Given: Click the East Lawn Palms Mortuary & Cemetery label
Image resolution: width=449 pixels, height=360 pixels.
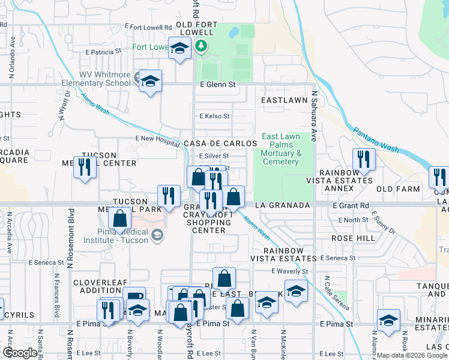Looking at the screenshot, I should [280, 149].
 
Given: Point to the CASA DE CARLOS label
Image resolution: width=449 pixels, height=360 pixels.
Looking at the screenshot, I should [220, 144].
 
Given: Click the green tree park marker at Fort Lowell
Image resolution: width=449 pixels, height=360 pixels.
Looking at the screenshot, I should [202, 46].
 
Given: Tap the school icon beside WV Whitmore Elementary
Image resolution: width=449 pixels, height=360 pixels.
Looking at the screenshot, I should [150, 81].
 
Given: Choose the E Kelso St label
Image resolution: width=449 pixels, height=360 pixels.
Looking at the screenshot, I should [215, 116].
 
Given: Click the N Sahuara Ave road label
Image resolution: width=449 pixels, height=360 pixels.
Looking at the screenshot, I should [313, 116].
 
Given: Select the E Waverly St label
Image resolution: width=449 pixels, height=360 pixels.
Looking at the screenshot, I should [290, 272].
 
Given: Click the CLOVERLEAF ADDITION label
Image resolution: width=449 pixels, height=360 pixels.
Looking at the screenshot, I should [98, 286].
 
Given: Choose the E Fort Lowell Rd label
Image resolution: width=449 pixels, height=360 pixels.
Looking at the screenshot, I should [147, 26].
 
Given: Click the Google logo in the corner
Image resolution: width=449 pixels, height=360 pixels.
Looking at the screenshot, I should [20, 352].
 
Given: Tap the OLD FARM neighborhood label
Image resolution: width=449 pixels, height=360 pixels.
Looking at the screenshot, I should [397, 189].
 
